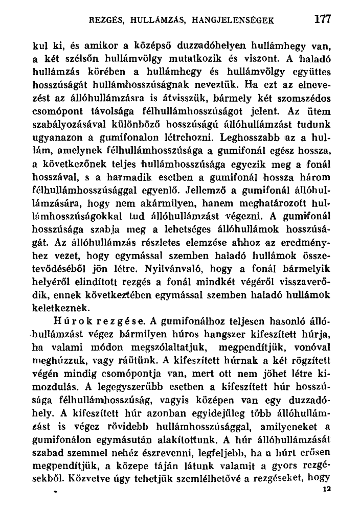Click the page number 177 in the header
click(x=323, y=19)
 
